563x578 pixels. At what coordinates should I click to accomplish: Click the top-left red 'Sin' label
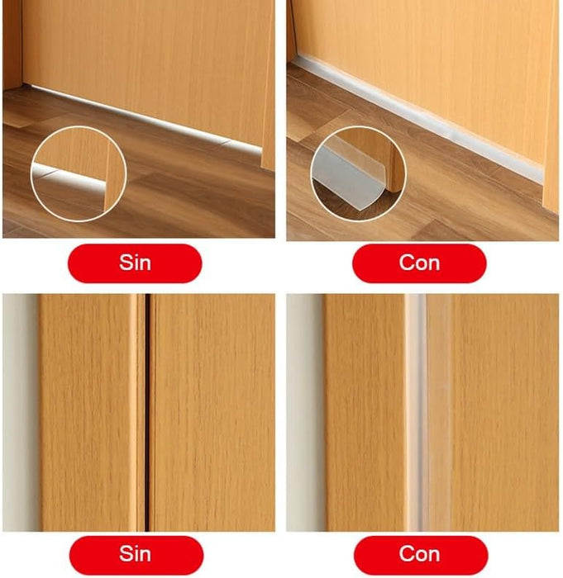pos(135,263)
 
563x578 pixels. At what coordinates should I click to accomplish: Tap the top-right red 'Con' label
pos(419,263)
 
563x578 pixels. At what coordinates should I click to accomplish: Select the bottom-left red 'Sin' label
pos(136,555)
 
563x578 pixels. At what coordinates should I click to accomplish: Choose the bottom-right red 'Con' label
pos(421,555)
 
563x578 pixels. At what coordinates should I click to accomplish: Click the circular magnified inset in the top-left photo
pos(79,173)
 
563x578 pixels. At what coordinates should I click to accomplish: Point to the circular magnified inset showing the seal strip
pos(359,173)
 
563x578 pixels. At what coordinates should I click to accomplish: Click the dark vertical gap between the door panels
pos(147,412)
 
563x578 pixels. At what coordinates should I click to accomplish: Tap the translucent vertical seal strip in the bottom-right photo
pos(428,412)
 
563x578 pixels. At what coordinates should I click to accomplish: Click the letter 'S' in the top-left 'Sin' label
pos(126,263)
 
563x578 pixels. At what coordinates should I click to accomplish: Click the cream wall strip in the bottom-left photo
pos(21,412)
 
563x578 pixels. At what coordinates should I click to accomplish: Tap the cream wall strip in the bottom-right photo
pos(306,412)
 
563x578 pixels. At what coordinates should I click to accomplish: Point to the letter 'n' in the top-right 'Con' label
pos(434,265)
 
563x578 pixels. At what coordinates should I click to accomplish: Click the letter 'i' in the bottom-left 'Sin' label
pos(136,554)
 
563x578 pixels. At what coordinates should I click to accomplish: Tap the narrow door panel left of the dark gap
pos(141,412)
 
